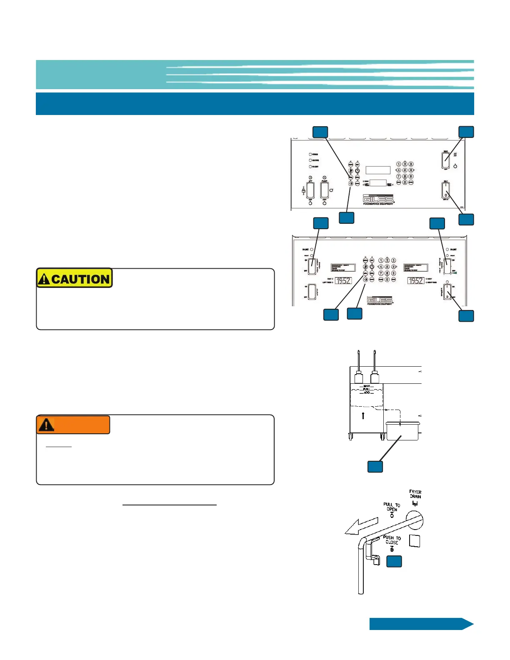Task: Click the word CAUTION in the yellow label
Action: [x=80, y=279]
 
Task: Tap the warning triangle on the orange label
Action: [x=46, y=425]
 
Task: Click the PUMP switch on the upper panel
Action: [x=325, y=190]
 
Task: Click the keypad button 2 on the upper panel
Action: [x=405, y=164]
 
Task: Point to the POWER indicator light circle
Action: [x=310, y=154]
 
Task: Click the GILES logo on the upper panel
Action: [x=377, y=199]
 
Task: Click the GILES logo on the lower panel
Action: [x=380, y=300]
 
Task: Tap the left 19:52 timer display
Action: [x=343, y=281]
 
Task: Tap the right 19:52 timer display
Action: [x=415, y=281]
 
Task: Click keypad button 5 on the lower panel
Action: [x=387, y=267]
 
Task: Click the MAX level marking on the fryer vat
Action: [x=367, y=386]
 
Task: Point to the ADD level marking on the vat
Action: [x=367, y=392]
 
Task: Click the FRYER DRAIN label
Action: [x=415, y=494]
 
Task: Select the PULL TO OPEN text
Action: [x=392, y=507]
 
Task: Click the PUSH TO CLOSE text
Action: [x=392, y=540]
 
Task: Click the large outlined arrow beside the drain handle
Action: [x=361, y=526]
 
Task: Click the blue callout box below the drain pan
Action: [x=375, y=466]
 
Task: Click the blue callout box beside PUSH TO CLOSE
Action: [x=394, y=561]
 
